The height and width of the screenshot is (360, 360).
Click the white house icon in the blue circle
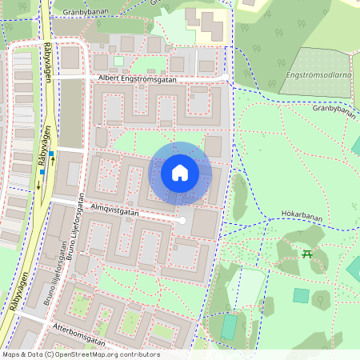click(x=180, y=172)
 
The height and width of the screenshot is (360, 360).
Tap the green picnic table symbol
click(x=307, y=254)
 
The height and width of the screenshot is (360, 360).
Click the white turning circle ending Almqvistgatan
click(x=182, y=220)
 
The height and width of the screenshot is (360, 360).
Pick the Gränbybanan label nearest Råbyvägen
click(x=79, y=11)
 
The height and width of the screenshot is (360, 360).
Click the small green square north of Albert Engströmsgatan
click(x=119, y=61)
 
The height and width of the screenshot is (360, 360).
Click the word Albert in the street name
click(x=111, y=78)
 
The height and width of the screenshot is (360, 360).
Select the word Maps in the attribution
click(x=11, y=354)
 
